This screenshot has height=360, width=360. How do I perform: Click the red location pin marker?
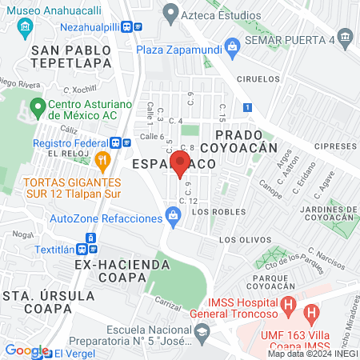tap(181, 164)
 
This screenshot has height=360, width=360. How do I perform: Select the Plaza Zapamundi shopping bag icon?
tap(232, 46)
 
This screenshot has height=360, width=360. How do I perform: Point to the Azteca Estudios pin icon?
tap(170, 12)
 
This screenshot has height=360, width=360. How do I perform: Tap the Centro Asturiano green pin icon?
tap(37, 106)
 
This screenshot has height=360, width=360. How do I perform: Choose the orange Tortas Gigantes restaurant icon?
tap(102, 160)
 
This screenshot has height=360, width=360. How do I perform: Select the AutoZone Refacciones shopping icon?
tap(172, 215)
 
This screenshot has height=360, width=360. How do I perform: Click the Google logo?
tap(26, 350)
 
